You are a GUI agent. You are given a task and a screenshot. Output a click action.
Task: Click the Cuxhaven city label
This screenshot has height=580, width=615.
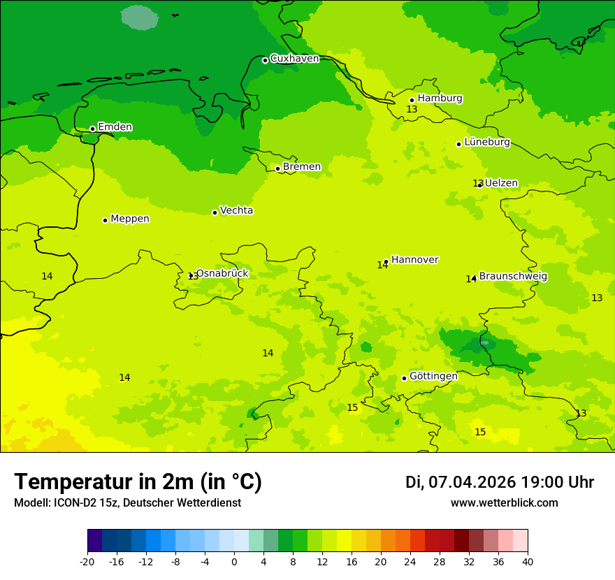coord(294,59)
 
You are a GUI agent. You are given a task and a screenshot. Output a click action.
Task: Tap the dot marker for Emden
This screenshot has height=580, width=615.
coord(92,129)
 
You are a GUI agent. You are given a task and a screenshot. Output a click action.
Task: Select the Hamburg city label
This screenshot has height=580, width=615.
coord(440,99)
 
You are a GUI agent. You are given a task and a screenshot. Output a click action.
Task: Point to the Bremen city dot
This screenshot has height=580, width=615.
coord(277,168)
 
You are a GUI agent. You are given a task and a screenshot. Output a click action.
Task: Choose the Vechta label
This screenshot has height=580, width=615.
coord(236,210)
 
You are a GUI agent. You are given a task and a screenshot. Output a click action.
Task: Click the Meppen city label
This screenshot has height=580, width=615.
coord(129,219)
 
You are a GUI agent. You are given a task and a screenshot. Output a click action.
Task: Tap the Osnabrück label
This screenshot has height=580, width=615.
coord(222,273)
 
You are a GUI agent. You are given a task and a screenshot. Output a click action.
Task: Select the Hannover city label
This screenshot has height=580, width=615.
coord(414,260)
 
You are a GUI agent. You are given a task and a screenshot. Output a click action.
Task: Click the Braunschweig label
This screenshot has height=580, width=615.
coord(513,277)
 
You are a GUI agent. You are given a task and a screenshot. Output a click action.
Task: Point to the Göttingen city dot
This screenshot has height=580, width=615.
coord(404,378)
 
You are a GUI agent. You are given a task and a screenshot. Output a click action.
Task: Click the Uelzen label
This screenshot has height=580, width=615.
coord(501,183)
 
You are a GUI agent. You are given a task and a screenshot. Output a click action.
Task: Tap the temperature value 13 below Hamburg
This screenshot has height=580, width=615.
coord(412,110)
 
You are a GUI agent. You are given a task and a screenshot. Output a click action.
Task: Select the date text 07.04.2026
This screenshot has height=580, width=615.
coord(472,482)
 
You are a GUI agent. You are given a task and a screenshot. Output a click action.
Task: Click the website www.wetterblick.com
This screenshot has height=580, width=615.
coord(504,503)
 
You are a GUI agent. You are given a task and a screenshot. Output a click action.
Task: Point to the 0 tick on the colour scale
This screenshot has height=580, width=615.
coord(234,561)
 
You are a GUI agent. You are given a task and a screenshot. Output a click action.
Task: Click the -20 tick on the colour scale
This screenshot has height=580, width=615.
coord(87,561)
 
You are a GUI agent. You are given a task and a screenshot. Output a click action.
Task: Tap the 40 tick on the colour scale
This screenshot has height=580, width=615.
coord(528,561)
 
